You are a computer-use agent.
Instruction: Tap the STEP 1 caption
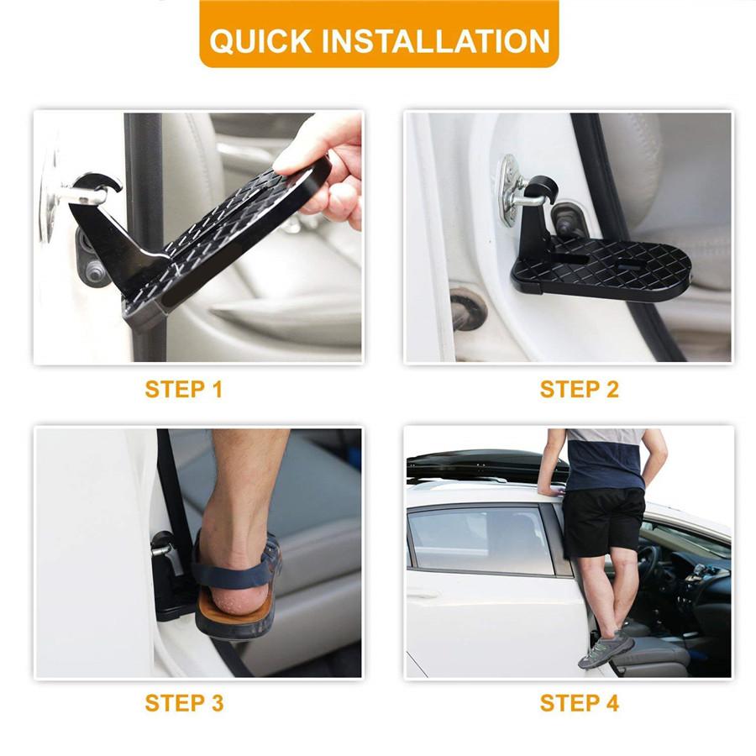point(184,390)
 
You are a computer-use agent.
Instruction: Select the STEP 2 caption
point(579,390)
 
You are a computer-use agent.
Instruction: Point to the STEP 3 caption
point(184,703)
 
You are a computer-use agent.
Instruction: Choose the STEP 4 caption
point(579,703)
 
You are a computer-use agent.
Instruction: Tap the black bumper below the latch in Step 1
point(92,260)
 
